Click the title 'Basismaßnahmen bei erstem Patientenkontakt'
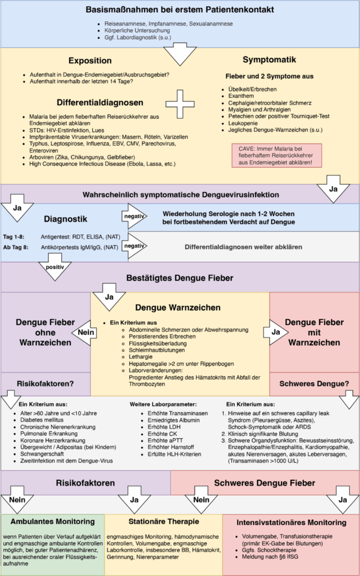180,10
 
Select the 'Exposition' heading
90,61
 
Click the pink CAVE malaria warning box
276,154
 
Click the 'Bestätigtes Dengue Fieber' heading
180,278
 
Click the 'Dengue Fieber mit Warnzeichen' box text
314,332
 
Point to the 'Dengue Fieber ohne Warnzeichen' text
46,332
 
